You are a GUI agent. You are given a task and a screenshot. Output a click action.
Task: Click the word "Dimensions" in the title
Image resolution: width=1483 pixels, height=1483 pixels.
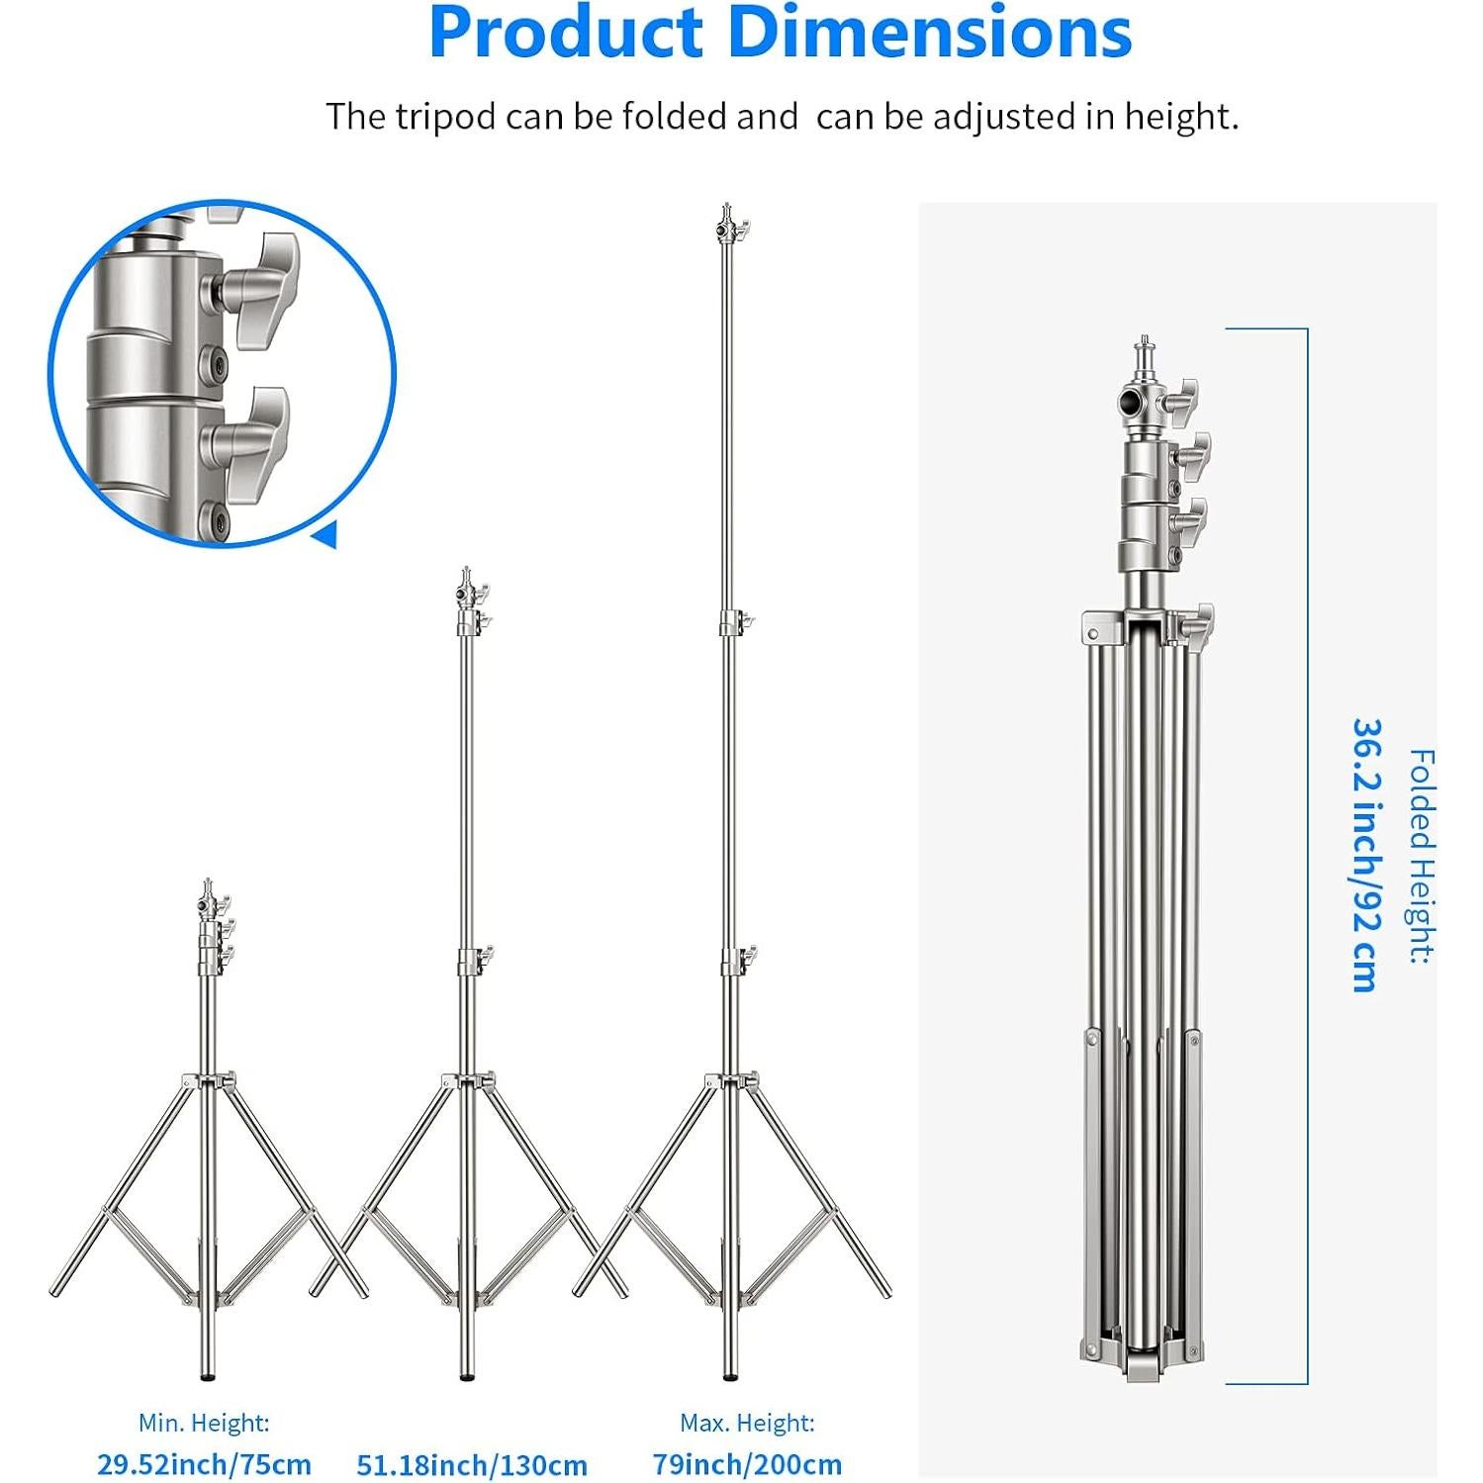click(x=930, y=32)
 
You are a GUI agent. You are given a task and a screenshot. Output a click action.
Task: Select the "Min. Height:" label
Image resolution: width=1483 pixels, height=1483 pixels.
click(x=204, y=1423)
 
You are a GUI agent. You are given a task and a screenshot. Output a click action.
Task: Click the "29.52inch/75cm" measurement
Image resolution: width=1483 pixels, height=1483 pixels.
click(x=204, y=1464)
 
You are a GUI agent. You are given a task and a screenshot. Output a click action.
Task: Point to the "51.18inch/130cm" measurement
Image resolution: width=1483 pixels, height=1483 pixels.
click(x=472, y=1464)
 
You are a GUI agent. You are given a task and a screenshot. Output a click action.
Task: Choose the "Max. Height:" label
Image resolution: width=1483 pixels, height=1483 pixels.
click(x=747, y=1423)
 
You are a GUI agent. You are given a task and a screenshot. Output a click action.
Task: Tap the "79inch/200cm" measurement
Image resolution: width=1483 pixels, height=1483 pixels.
click(x=747, y=1464)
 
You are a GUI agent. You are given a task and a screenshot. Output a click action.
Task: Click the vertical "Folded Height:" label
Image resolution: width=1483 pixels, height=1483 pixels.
click(x=1421, y=857)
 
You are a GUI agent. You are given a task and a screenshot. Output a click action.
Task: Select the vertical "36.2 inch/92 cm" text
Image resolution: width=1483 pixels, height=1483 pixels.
click(x=1365, y=856)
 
